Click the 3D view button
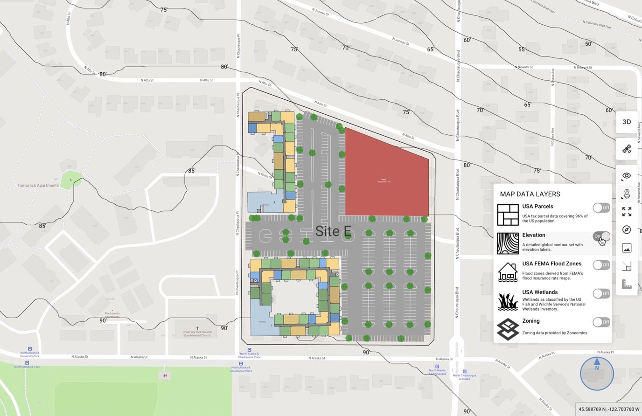pos(627,122)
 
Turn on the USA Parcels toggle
pos(601,208)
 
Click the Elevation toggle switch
pos(601,236)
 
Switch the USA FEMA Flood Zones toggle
pos(601,265)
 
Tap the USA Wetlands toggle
pos(601,293)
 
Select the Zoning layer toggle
pos(601,322)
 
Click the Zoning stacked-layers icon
pos(508,329)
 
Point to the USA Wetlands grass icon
pos(508,301)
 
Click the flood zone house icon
pos(508,272)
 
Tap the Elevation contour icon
pos(508,243)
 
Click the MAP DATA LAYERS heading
pos(530,194)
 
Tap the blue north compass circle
pos(597,373)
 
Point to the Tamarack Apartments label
pos(38,186)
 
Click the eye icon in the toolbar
pos(627,176)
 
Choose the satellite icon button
pos(627,149)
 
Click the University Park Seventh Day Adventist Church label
pos(197,333)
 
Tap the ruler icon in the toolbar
pos(627,284)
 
